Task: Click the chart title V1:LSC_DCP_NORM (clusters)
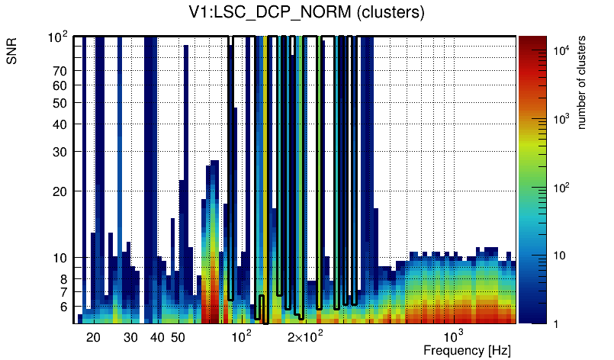click(x=307, y=13)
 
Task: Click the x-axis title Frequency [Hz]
click(x=467, y=350)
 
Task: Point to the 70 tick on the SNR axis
click(x=60, y=71)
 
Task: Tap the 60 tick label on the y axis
click(x=60, y=85)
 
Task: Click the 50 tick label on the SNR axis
click(x=60, y=103)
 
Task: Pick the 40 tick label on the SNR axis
click(x=60, y=124)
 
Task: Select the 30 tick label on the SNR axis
click(x=60, y=152)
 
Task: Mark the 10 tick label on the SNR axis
click(x=60, y=258)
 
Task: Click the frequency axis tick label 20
click(x=93, y=337)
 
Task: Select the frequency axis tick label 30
click(x=130, y=337)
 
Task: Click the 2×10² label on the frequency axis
click(x=307, y=336)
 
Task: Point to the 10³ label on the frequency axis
click(x=454, y=336)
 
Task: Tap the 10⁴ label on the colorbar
click(x=561, y=50)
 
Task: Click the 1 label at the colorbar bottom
click(x=557, y=324)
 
